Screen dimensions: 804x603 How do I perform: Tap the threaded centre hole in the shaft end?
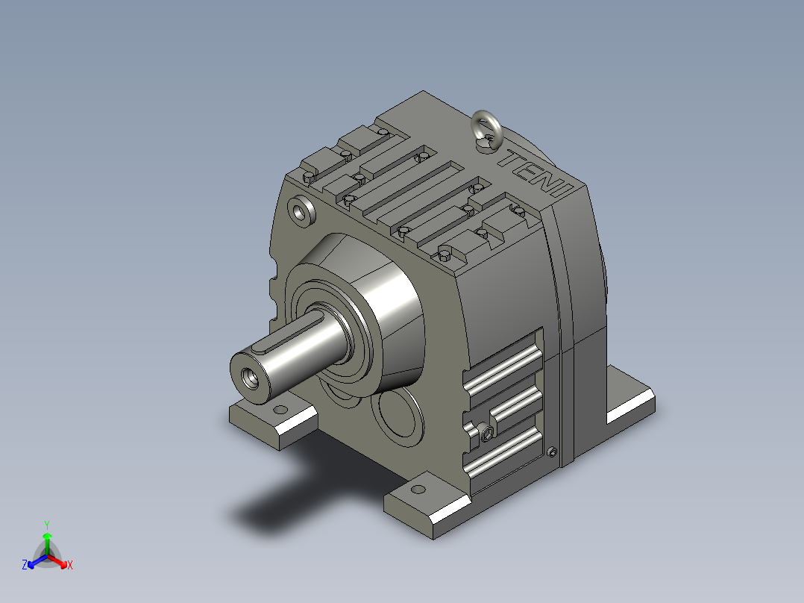(252, 378)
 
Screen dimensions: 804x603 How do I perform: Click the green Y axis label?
(47, 525)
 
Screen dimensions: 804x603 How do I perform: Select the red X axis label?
(70, 565)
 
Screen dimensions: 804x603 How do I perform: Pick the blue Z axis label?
(25, 565)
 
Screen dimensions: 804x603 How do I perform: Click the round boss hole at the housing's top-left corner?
(302, 210)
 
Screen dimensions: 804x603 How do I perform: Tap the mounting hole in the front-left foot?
(280, 410)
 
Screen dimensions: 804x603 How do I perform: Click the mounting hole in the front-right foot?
(418, 489)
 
